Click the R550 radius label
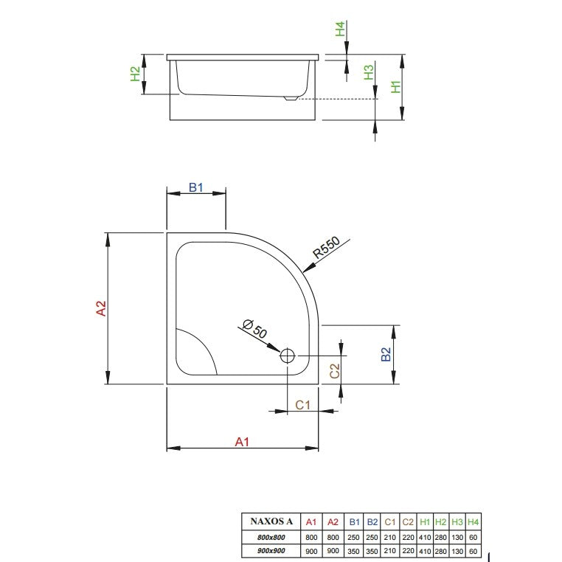(326, 247)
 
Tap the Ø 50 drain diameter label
(255, 329)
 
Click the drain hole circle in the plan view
(287, 356)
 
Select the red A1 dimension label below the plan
(242, 442)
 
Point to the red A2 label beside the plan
(102, 308)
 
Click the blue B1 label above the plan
(196, 187)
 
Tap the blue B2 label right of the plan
(386, 355)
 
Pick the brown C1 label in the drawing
(302, 405)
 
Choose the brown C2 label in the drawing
(334, 371)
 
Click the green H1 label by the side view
(396, 87)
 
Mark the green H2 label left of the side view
(135, 74)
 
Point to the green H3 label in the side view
(369, 72)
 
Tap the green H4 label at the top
(340, 29)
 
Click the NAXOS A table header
(271, 521)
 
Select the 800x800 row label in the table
(271, 537)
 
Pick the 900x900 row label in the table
(271, 551)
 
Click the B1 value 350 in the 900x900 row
(354, 551)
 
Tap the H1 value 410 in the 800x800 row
(425, 537)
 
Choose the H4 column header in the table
(473, 522)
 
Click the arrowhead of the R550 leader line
(308, 268)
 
